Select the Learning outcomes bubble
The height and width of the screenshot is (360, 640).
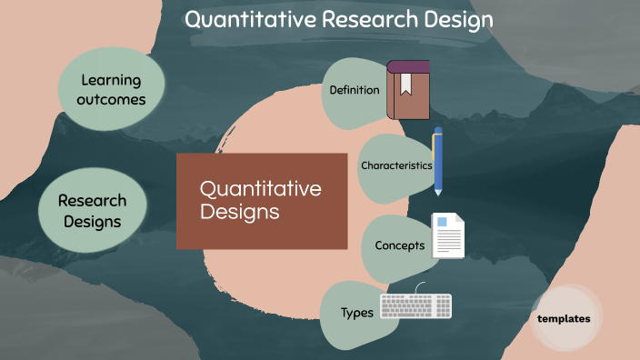tap(112, 89)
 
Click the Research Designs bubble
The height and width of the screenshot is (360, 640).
tap(92, 210)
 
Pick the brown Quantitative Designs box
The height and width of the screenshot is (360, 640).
tap(261, 201)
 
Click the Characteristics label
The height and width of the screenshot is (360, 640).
tap(395, 165)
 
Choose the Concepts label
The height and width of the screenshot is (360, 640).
tap(400, 245)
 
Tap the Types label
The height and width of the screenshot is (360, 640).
tap(357, 313)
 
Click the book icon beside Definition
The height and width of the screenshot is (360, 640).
tap(408, 90)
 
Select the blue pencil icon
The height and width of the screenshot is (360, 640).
tap(438, 161)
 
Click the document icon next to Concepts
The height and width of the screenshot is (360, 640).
tap(448, 235)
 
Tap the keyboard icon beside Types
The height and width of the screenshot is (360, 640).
tap(415, 306)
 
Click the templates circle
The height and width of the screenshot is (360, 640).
tap(564, 319)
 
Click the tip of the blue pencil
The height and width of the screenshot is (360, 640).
tap(438, 193)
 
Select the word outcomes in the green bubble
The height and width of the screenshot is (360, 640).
tap(112, 99)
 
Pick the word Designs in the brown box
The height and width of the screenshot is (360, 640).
tap(238, 212)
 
